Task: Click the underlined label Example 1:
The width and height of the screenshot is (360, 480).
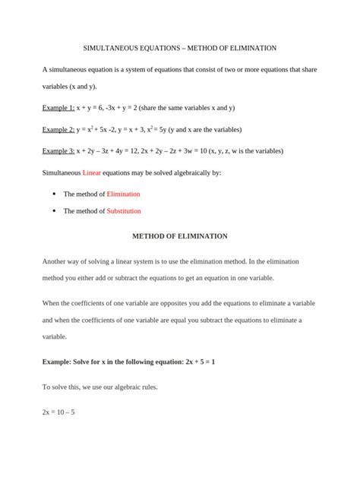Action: [x=58, y=108]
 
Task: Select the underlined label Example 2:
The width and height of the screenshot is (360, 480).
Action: [x=58, y=130]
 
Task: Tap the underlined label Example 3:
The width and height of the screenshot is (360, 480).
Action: [x=58, y=151]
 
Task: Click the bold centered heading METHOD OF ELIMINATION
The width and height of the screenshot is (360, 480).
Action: [x=180, y=236]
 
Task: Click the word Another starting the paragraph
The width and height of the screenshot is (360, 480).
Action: [x=55, y=261]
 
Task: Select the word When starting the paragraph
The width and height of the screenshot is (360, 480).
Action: [x=52, y=303]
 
